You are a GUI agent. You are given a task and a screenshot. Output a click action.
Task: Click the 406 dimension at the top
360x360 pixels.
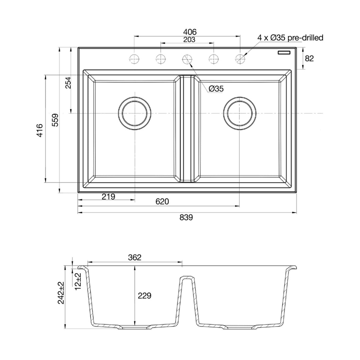190,32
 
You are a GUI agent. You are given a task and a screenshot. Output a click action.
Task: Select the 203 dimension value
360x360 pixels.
189,40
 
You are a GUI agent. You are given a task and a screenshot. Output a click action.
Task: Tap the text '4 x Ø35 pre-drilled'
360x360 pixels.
290,38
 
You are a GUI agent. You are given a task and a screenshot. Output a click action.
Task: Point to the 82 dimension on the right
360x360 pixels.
309,58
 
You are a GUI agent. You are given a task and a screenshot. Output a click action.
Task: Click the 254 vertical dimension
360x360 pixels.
68,83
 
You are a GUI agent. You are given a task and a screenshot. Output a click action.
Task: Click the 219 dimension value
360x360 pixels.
108,197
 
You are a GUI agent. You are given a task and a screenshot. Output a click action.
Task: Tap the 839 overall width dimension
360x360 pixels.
186,217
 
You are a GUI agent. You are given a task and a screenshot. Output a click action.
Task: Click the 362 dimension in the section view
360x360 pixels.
135,257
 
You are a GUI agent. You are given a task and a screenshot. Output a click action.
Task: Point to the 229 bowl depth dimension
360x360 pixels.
144,296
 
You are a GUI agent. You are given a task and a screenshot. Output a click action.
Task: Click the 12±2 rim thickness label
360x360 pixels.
78,281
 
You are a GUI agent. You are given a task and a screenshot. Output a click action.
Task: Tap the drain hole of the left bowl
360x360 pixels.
134,114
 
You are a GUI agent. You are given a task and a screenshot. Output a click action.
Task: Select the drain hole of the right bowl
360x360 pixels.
240,114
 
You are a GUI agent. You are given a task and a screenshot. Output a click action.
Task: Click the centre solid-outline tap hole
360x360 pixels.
187,59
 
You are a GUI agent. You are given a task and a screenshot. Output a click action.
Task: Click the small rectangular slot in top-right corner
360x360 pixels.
284,52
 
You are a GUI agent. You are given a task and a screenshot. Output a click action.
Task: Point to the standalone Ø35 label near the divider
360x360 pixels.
216,89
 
